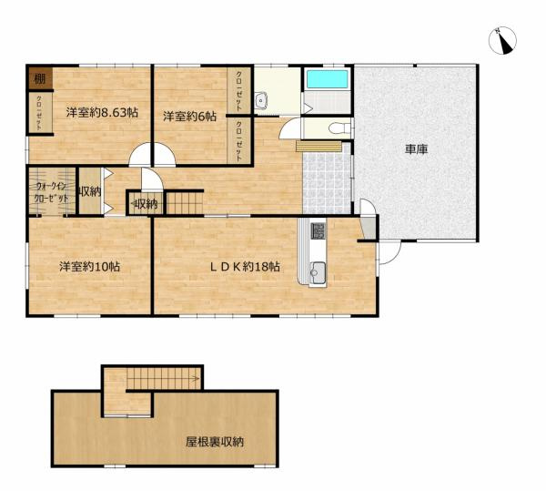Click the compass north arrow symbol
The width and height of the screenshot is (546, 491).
pyautogui.click(x=502, y=41)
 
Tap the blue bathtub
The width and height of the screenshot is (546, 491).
pyautogui.click(x=328, y=78)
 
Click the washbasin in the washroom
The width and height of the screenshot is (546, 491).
pyautogui.click(x=260, y=101)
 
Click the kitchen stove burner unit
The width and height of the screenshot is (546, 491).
pyautogui.click(x=318, y=231)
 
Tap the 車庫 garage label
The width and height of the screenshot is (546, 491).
pyautogui.click(x=416, y=149)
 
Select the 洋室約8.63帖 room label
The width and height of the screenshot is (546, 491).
pyautogui.click(x=102, y=113)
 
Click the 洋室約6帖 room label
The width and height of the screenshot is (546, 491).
pyautogui.click(x=190, y=116)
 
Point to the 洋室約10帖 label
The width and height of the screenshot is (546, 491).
pyautogui.click(x=89, y=267)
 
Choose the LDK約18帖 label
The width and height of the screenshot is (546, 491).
pyautogui.click(x=245, y=267)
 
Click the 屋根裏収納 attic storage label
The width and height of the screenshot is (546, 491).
pyautogui.click(x=214, y=442)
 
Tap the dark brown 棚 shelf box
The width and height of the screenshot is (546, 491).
pyautogui.click(x=40, y=78)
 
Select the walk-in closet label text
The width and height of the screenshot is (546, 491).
pyautogui.click(x=52, y=192)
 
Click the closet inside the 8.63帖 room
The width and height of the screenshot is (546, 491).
pyautogui.click(x=40, y=113)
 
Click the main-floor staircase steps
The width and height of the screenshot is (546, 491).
pyautogui.click(x=185, y=203)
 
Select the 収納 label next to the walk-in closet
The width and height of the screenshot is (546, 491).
pyautogui.click(x=90, y=191)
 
